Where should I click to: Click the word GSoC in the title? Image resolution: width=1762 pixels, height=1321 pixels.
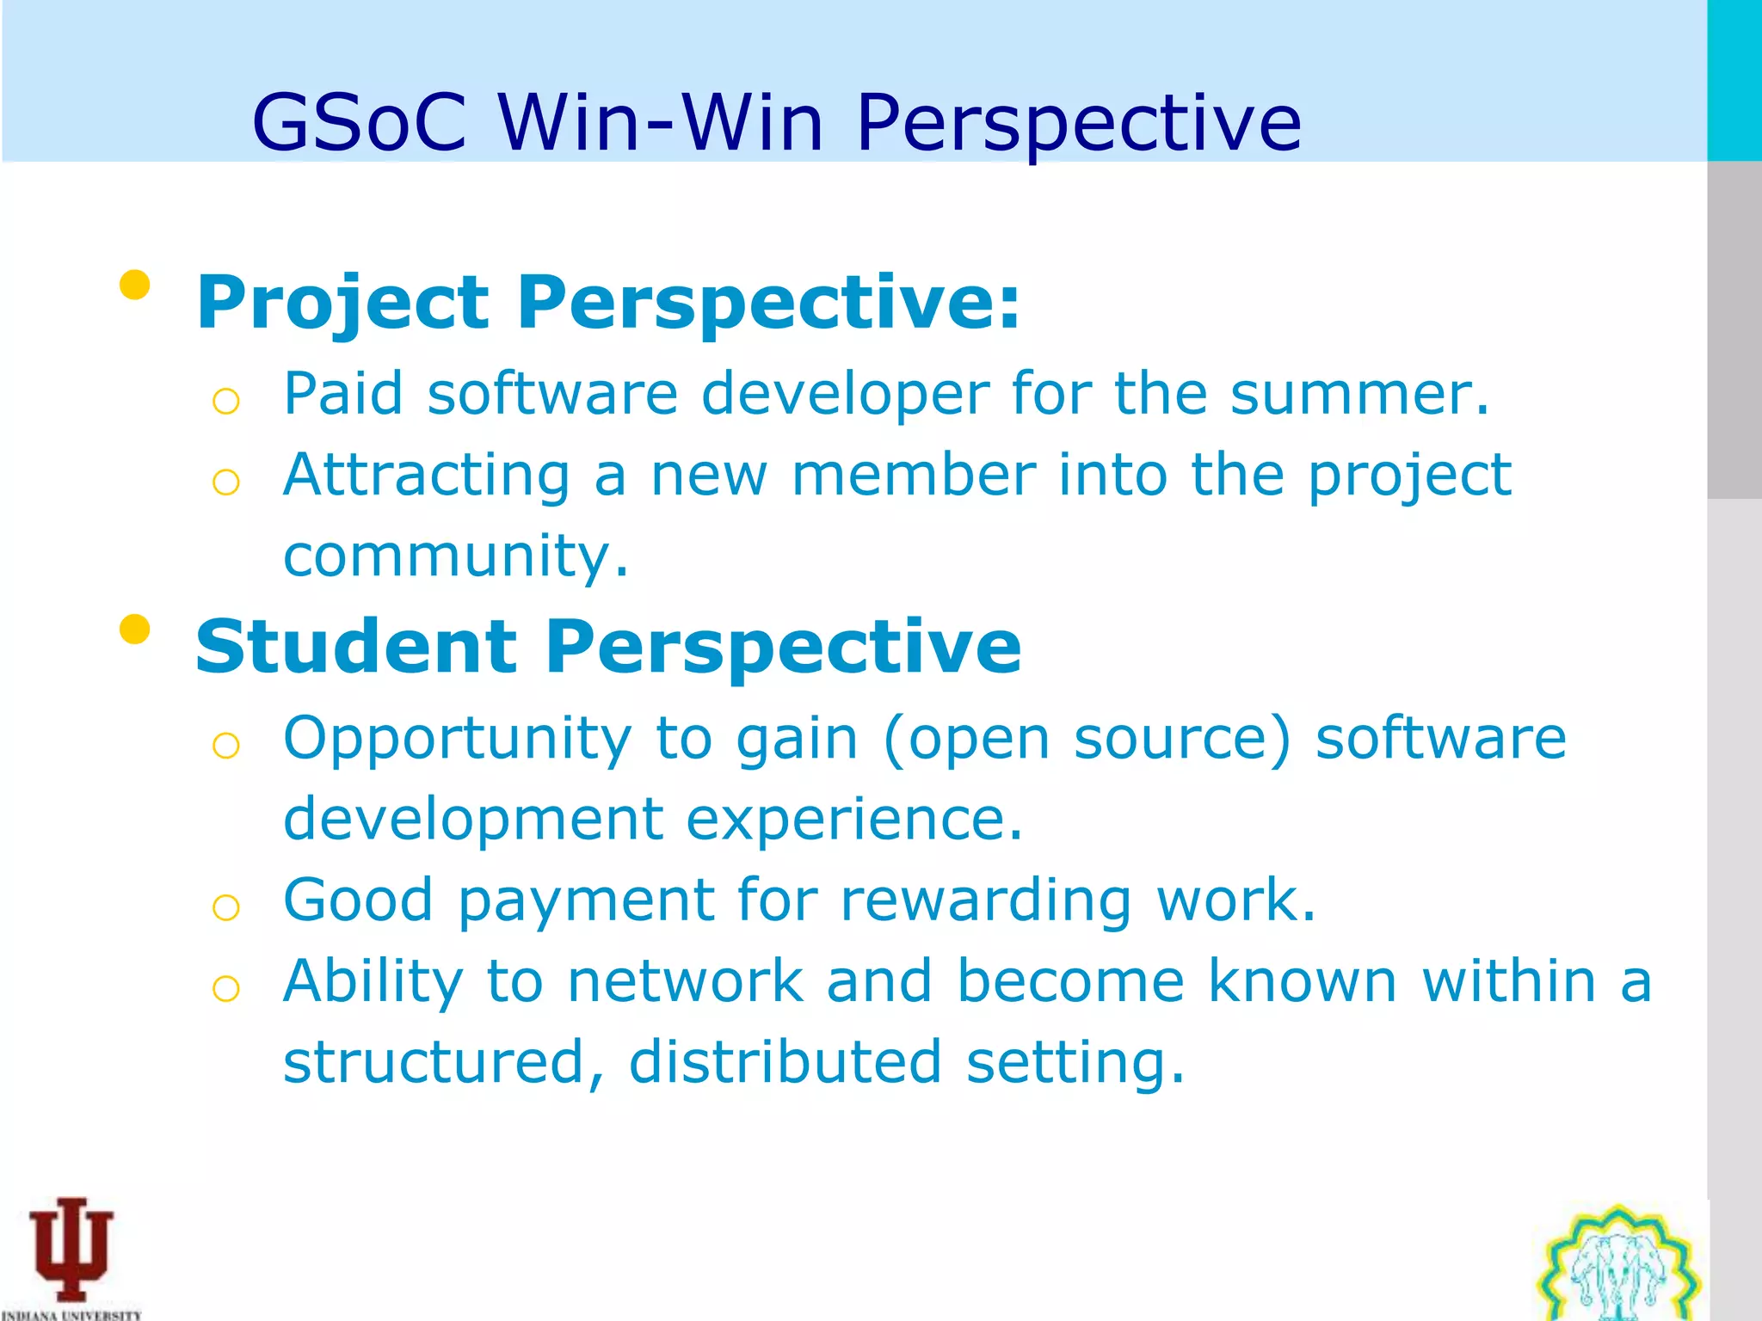360,123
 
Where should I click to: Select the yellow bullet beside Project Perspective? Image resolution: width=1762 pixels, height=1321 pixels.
135,285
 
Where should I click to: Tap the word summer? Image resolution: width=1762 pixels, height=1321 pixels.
1359,394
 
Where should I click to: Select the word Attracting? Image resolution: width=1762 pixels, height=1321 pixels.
427,475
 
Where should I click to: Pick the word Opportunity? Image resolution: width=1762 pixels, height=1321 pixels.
458,739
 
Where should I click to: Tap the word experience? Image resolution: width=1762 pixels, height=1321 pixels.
853,819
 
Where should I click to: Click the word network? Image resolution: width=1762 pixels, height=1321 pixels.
685,980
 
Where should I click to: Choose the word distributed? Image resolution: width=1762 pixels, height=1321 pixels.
785,1062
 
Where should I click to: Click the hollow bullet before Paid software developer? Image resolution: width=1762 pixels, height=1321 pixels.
225,401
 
